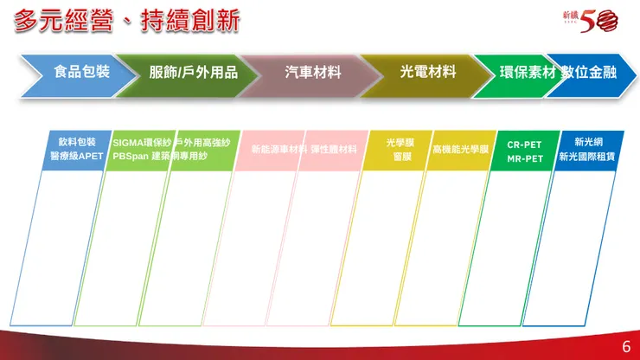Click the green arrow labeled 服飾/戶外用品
pos(193,73)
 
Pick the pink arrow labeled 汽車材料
pos(312,73)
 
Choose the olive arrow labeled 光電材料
pos(427,73)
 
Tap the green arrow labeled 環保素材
pos(527,73)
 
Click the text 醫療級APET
pos(77,157)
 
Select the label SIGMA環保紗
pos(142,142)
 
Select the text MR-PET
pos(524,159)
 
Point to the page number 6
pos(625,347)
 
